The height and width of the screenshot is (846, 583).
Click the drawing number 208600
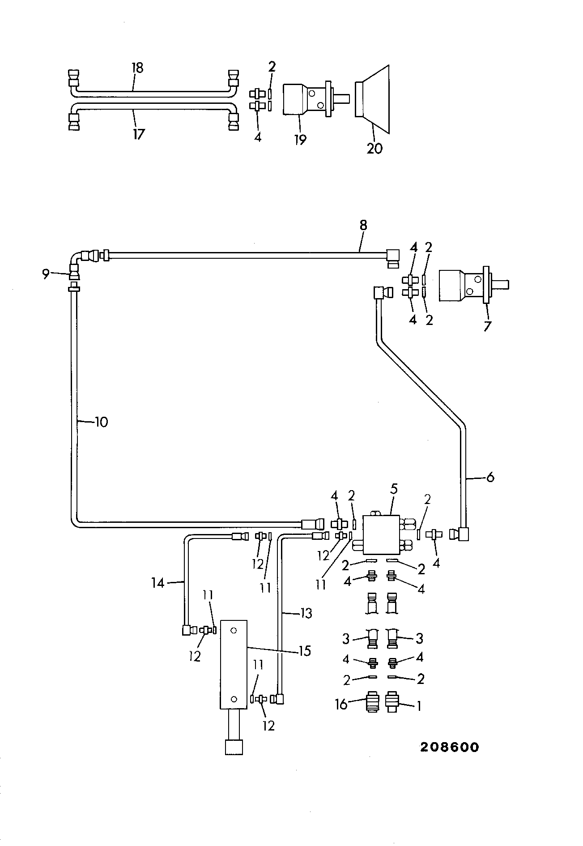pyautogui.click(x=449, y=747)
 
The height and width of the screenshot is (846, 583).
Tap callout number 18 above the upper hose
pyautogui.click(x=137, y=68)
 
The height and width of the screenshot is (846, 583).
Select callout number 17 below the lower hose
pyautogui.click(x=139, y=133)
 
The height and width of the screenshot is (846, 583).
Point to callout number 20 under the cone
pyautogui.click(x=375, y=148)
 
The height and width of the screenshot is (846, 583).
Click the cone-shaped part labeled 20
pyautogui.click(x=372, y=99)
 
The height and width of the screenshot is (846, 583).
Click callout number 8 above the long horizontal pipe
pyautogui.click(x=363, y=226)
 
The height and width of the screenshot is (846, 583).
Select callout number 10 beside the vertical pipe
pyautogui.click(x=102, y=422)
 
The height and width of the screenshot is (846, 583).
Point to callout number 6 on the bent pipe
pyautogui.click(x=490, y=478)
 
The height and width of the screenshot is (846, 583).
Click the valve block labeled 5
pyautogui.click(x=381, y=534)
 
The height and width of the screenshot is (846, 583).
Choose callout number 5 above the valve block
pyautogui.click(x=394, y=489)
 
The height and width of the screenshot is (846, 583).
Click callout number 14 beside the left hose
pyautogui.click(x=157, y=583)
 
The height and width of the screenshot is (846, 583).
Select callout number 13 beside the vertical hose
pyautogui.click(x=306, y=612)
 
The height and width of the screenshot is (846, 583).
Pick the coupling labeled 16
pyautogui.click(x=372, y=702)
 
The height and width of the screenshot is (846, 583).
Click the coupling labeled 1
pyautogui.click(x=392, y=702)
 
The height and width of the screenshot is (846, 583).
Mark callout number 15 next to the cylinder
pyautogui.click(x=305, y=650)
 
